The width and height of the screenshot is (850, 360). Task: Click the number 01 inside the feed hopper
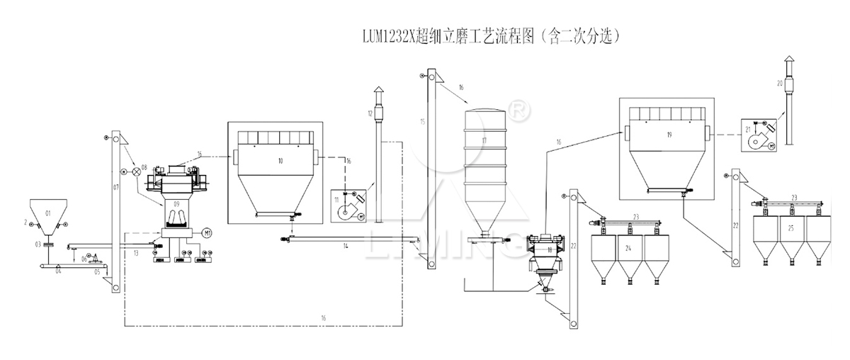point(48,213)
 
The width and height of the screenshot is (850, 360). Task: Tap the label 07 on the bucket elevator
point(115,188)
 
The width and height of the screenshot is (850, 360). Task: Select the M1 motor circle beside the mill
point(207,232)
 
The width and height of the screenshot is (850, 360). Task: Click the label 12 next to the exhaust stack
point(370,113)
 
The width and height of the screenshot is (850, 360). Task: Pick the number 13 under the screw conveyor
point(135,252)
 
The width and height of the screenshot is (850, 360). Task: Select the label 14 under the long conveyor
point(346,246)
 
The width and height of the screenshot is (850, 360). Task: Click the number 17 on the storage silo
point(484,141)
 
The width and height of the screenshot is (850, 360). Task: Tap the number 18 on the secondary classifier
point(549,249)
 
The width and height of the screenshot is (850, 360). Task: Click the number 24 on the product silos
point(627,248)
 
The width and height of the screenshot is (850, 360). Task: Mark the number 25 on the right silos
point(790,230)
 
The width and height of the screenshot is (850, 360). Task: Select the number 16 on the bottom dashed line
point(322,318)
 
